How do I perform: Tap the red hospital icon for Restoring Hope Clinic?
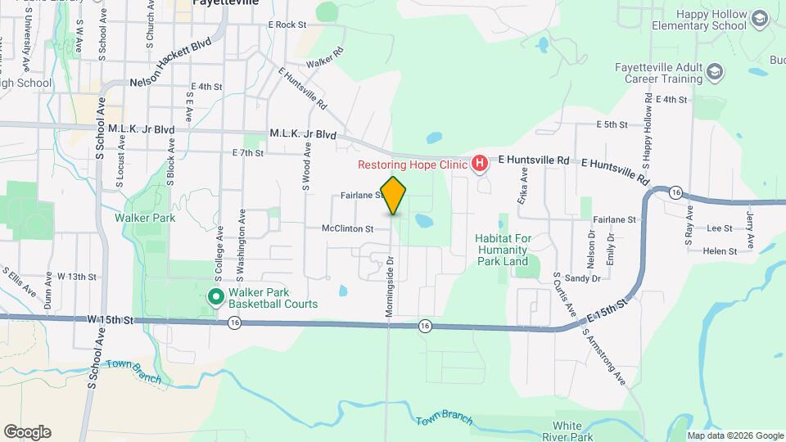(x=480, y=165)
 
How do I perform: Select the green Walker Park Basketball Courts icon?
(x=216, y=296)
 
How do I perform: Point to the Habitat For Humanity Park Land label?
(x=502, y=249)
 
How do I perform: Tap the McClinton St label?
(x=347, y=229)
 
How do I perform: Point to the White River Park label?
(x=567, y=431)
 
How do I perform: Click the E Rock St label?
(x=287, y=25)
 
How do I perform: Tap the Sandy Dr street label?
(x=583, y=278)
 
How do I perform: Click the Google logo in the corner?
(x=27, y=432)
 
